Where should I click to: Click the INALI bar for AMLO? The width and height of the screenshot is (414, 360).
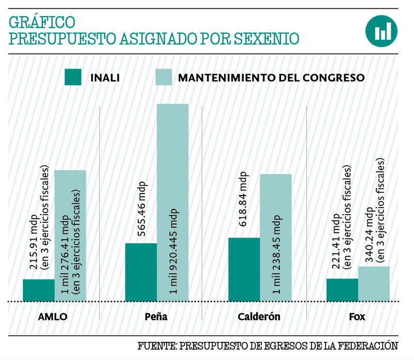pos(38,290)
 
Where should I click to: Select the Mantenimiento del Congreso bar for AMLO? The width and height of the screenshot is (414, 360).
pos(70,235)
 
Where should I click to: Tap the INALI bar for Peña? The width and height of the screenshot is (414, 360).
pos(141,272)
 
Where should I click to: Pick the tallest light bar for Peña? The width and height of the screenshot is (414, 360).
pos(172,202)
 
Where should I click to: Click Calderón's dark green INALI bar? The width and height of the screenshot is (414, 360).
pos(244,269)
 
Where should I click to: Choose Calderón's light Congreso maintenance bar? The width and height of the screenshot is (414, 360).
pos(275,237)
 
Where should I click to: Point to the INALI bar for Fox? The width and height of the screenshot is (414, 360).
pos(342,290)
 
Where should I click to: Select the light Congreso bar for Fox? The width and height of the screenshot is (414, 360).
pos(373,283)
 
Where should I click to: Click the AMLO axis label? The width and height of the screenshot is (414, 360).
pos(54,317)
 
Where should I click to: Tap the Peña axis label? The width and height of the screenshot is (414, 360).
pos(156,317)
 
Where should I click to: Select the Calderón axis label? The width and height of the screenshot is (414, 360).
pos(259,317)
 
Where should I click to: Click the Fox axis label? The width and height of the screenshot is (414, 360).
pos(357,317)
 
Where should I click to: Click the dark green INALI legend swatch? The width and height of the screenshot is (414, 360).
pos(73,77)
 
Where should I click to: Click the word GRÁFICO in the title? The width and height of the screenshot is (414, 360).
pos(42,22)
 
